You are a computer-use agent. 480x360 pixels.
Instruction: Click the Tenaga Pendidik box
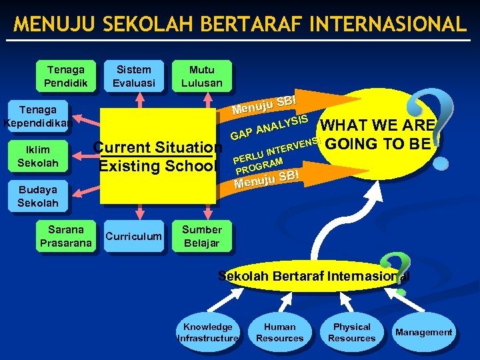click(x=66, y=76)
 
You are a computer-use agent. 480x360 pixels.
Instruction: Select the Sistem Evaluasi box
click(x=133, y=76)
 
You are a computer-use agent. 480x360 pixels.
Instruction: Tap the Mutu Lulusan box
click(x=201, y=76)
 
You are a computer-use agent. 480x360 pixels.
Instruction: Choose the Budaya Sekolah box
click(x=38, y=196)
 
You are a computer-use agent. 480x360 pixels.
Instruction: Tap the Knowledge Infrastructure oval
click(x=208, y=332)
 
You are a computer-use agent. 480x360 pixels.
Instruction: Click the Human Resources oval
click(x=280, y=332)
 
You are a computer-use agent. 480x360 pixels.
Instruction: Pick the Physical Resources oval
click(x=351, y=332)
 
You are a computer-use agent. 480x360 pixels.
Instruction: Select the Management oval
click(x=423, y=332)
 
